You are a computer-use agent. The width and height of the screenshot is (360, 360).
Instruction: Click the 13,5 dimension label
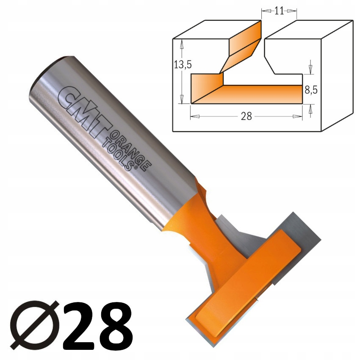click(183, 65)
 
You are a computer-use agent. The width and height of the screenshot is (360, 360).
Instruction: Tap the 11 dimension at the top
click(279, 11)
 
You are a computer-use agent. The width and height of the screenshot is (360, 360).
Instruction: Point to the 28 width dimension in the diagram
click(246, 116)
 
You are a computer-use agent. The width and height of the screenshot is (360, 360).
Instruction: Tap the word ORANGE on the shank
click(129, 146)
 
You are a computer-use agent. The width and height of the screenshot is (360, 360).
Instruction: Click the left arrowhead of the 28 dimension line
click(193, 116)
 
